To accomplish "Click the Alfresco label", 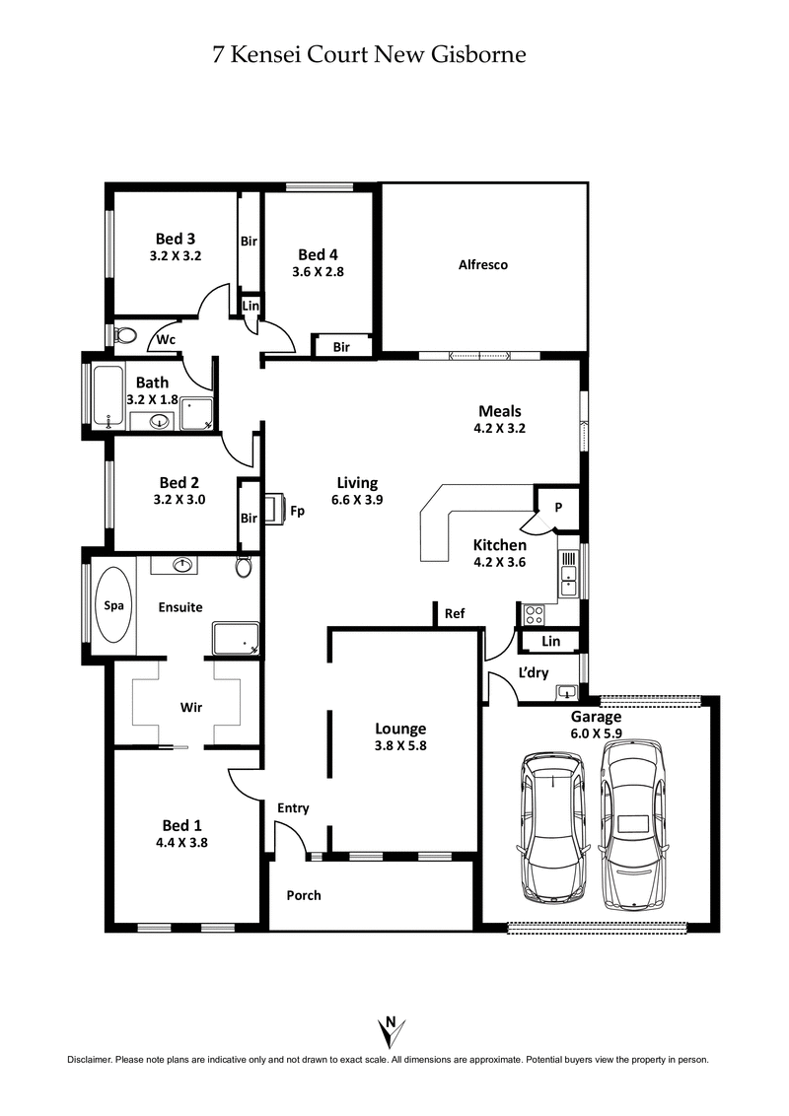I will point(483,264).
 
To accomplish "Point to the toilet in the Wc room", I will point(124,336).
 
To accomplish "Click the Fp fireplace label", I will point(297,511).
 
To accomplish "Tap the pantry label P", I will point(557,508).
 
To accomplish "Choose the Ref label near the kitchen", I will point(455,613).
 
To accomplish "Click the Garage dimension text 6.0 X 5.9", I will point(596,733).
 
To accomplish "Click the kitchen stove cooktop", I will point(533,614).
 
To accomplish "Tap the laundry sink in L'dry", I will point(566,690).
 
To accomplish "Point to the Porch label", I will point(304,895).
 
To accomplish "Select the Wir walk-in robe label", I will point(191,707).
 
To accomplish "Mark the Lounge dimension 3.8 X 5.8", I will point(400,746).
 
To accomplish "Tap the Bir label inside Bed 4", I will point(341,347).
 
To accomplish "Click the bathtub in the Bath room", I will point(107,398).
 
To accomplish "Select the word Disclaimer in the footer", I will point(90,1060).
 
